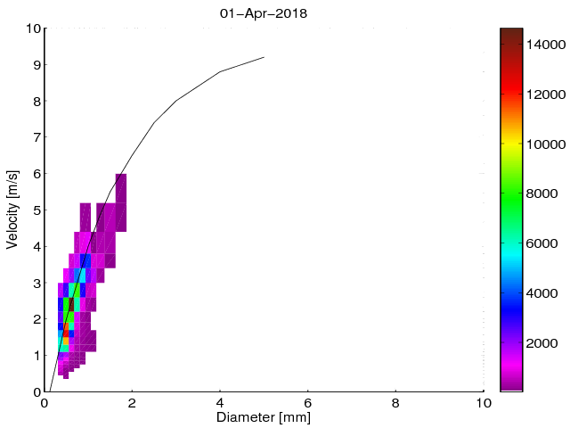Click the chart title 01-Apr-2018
(263, 13)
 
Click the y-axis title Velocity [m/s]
(12, 210)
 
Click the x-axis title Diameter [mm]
(264, 416)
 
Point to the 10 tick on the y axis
(33, 29)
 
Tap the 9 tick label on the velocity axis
(36, 65)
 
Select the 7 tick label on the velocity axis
(36, 137)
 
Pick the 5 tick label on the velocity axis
(36, 210)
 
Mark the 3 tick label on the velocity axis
(36, 283)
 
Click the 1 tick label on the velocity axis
(36, 356)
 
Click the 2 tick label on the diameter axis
(133, 402)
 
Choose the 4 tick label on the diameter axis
(220, 402)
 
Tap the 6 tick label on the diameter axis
(308, 402)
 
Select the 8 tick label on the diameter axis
(396, 402)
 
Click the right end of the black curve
(264, 57)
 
